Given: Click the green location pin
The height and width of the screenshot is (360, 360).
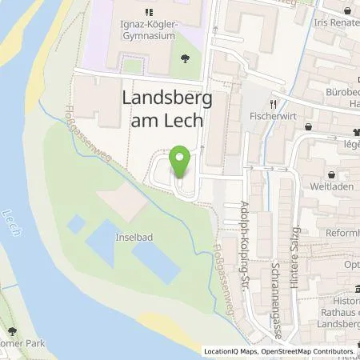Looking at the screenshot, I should [181, 162].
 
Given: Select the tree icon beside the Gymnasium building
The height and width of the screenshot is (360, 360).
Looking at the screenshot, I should [186, 58].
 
